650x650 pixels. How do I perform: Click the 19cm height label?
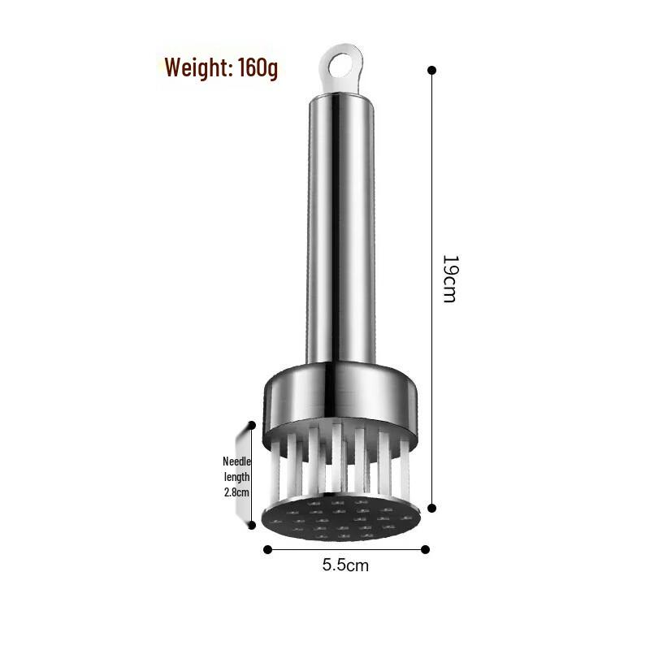[449, 279]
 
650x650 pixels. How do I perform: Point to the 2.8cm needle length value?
[236, 492]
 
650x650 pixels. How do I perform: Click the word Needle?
[236, 461]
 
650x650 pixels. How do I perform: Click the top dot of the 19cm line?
[431, 70]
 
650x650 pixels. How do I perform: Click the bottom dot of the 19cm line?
[431, 508]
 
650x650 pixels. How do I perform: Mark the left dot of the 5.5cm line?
[267, 549]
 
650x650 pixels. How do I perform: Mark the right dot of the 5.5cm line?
[424, 549]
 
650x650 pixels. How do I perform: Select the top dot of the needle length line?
[251, 425]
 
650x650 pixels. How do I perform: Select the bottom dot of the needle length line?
[251, 525]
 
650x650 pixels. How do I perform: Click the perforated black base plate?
[345, 520]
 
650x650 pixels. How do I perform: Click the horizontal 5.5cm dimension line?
[345, 549]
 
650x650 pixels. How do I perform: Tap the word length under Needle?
[236, 477]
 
